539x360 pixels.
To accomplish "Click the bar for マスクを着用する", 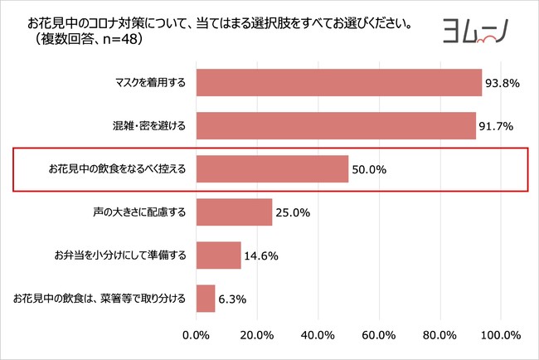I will [338, 82].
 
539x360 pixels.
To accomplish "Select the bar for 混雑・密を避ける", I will [335, 125].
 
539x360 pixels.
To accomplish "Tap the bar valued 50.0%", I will [272, 169].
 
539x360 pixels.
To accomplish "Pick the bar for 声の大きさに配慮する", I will [234, 212].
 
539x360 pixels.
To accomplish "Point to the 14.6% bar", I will [218, 255].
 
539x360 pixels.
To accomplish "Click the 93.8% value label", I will [503, 83].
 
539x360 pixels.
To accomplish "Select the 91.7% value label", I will [497, 126].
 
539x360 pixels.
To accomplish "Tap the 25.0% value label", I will [292, 213].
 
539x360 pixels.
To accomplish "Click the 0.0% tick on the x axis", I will [196, 335].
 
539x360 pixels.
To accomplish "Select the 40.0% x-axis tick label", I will [318, 335].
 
